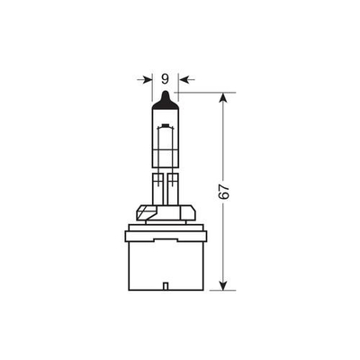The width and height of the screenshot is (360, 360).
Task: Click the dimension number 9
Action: [165, 79]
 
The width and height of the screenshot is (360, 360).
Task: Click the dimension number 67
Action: [224, 192]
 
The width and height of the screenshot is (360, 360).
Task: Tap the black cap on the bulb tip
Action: [166, 101]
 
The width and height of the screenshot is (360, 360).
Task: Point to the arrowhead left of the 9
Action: [148, 79]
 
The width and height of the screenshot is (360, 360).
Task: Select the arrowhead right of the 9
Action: [183, 79]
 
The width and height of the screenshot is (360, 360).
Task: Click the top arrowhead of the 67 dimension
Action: [222, 97]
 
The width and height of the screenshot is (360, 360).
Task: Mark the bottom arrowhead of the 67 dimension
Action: [222, 285]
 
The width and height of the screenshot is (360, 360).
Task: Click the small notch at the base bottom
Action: [166, 286]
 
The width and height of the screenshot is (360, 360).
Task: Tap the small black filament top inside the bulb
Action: [166, 124]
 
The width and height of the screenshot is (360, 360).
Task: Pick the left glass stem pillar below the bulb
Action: [158, 189]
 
